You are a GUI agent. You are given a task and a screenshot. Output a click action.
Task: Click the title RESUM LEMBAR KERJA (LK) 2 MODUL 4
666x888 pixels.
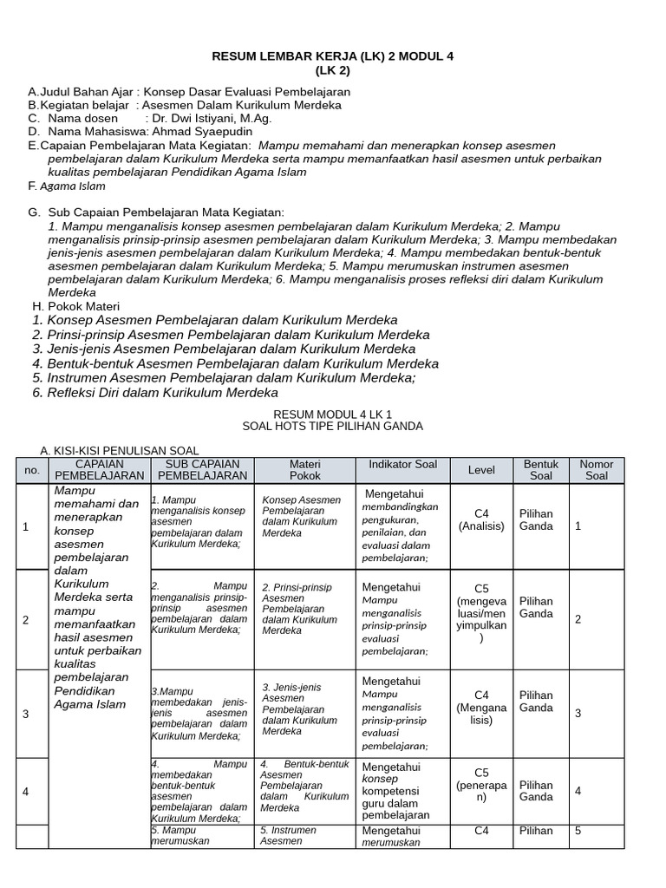[333, 56]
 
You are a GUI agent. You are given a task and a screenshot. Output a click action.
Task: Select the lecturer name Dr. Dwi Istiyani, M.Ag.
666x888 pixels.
[212, 118]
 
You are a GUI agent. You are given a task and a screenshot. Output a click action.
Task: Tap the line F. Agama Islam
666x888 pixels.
[67, 186]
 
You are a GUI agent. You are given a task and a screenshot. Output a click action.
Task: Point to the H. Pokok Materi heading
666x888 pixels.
[76, 306]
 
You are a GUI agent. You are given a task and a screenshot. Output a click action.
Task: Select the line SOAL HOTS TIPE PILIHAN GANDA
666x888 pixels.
[333, 427]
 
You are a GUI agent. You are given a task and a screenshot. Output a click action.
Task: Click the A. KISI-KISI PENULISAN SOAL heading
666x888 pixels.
[120, 450]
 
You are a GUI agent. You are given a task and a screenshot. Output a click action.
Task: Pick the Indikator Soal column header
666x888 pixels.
[402, 465]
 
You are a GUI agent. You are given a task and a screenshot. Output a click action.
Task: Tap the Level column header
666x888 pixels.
[481, 470]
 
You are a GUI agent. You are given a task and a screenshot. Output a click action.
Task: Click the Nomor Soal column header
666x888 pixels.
[596, 470]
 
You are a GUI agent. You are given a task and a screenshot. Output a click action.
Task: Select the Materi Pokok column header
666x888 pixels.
[304, 470]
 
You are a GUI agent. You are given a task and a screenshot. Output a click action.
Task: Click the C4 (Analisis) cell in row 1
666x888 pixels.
[481, 519]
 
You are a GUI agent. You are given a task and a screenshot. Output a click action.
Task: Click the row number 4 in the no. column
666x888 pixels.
[25, 792]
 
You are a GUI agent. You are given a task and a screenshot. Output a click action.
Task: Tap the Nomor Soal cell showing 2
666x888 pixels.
[578, 618]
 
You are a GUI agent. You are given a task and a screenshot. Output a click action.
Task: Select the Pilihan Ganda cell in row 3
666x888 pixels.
[535, 702]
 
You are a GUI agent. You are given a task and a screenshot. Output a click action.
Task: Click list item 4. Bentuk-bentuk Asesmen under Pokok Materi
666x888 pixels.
[235, 363]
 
